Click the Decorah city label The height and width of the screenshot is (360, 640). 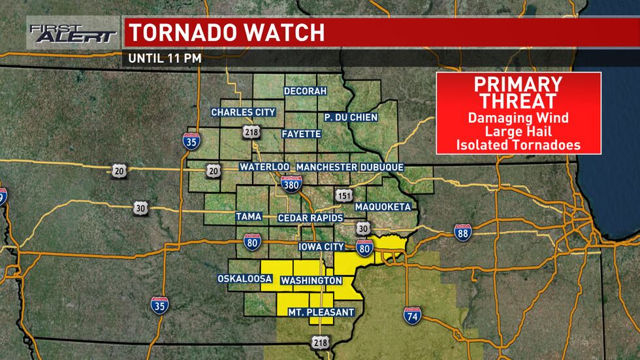tap(304, 91)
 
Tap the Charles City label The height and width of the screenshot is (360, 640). tap(243, 112)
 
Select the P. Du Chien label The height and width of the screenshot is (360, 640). tap(351, 117)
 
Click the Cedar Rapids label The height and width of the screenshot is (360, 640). tap(306, 217)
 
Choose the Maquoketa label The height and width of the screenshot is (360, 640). tap(382, 207)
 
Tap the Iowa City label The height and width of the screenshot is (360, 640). tap(321, 247)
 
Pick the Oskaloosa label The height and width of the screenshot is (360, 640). tap(244, 279)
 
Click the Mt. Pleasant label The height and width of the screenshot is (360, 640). tap(321, 312)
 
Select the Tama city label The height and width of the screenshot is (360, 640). tap(249, 216)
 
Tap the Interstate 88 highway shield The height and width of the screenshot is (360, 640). tap(462, 232)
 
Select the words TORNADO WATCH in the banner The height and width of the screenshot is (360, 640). tap(226, 33)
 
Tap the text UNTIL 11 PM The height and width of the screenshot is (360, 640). tap(165, 57)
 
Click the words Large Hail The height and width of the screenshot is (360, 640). tap(518, 132)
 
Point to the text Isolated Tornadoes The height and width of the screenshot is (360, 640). tap(518, 145)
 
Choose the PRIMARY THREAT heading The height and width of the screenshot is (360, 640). tap(518, 92)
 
